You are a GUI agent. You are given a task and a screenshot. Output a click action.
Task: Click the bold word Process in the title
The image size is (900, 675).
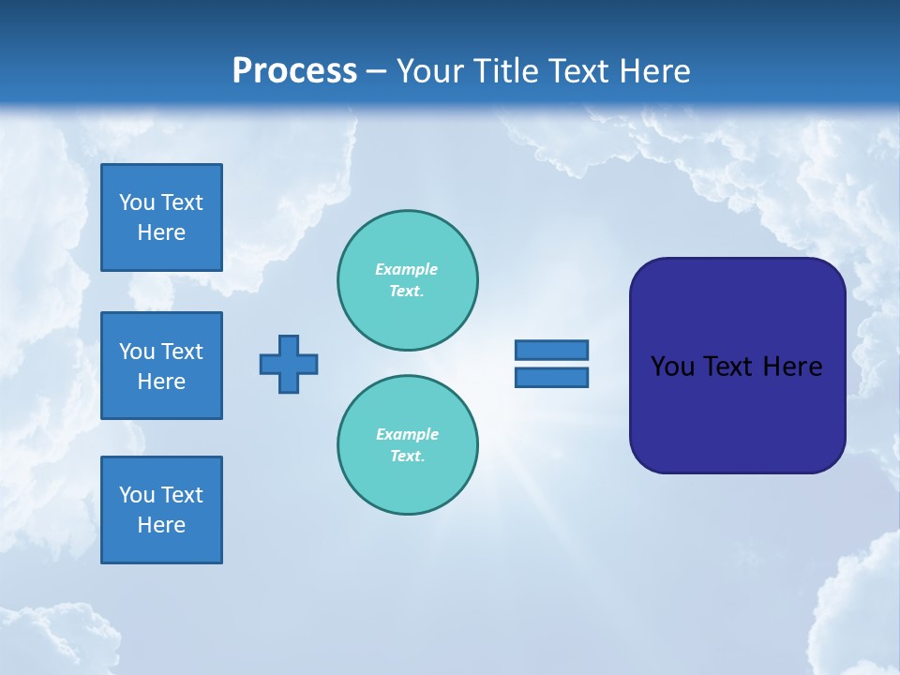[x=294, y=71]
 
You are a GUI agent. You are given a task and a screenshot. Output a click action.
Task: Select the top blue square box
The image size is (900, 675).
[x=161, y=217]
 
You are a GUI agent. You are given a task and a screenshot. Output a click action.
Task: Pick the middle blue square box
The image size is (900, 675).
[x=161, y=366]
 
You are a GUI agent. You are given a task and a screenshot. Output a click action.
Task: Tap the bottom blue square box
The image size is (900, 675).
[x=161, y=510]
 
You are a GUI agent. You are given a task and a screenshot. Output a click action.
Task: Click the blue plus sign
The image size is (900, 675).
[x=289, y=364]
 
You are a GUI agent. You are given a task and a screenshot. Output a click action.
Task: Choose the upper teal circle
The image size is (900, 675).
[x=408, y=280]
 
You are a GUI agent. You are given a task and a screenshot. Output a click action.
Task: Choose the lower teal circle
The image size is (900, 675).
[x=408, y=445]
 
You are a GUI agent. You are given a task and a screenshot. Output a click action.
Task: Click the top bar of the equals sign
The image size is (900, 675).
[x=551, y=350]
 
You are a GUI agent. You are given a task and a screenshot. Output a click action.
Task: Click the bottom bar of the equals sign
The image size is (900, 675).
[x=551, y=378]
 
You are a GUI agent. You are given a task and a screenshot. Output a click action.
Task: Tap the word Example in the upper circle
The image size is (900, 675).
[x=406, y=269]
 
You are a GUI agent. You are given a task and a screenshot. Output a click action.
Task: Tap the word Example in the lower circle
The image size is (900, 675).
[x=407, y=434]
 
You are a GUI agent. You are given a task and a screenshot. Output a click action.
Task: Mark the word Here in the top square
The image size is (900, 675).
[x=161, y=232]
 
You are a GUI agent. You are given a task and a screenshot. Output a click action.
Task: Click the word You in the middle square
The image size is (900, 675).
[x=137, y=352]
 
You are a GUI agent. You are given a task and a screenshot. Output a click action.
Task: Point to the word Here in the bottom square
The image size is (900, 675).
[x=161, y=525]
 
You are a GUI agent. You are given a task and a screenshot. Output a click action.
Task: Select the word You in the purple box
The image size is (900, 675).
[x=672, y=367]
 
